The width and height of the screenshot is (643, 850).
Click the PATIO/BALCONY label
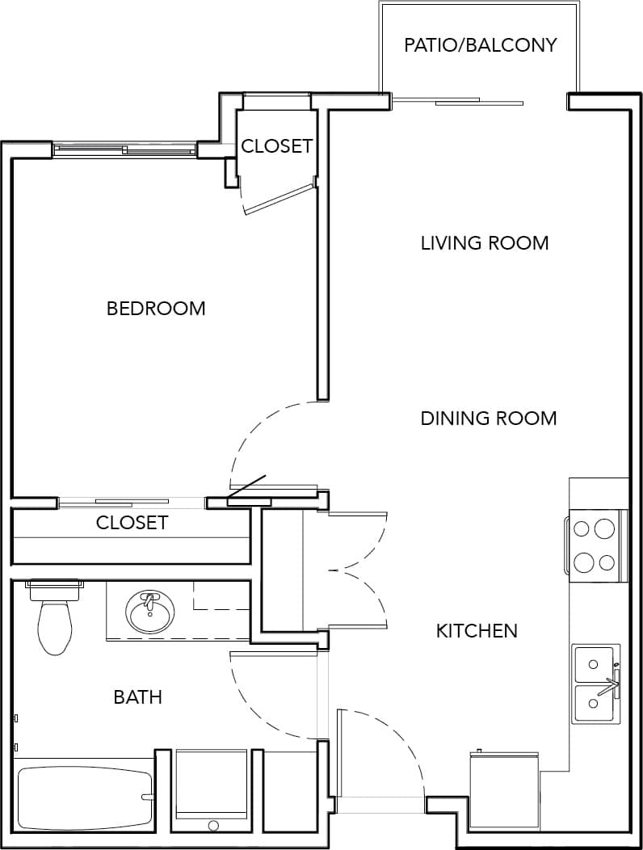[x=481, y=44]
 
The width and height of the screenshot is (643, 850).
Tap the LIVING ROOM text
[x=485, y=242]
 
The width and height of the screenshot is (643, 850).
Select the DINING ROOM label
[x=489, y=418]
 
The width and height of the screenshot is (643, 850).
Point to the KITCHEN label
[x=477, y=630]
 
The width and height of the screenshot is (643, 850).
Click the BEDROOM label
[x=156, y=308]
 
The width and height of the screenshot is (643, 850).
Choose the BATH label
[x=137, y=696]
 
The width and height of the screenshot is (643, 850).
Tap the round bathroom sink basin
[x=149, y=614]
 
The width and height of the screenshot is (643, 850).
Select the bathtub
[x=85, y=797]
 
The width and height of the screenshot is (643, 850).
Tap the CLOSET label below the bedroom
[x=132, y=523]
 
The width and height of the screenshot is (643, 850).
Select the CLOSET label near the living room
[x=276, y=146]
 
